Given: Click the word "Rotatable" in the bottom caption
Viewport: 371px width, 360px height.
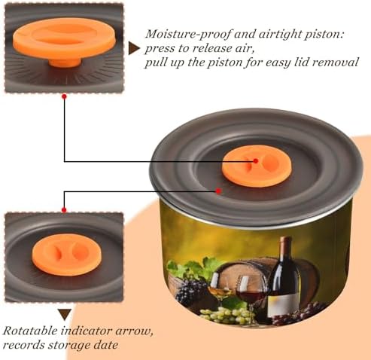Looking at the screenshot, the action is click(30, 331).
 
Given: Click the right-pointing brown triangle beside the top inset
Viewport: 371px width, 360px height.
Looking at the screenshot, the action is click(134, 48).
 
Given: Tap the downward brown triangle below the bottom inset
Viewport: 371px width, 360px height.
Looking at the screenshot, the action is click(65, 315).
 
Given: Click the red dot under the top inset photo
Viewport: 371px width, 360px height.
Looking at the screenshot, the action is click(64, 96).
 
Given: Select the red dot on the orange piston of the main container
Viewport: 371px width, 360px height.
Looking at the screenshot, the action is click(255, 161).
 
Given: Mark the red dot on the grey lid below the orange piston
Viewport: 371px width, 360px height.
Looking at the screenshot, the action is click(218, 191).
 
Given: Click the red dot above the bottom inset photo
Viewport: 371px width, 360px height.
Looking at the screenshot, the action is click(64, 209).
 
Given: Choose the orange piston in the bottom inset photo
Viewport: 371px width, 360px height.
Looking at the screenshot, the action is click(66, 255).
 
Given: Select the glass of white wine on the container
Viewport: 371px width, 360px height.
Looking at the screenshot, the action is click(220, 289).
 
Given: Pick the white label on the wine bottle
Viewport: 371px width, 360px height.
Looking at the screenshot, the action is click(284, 305).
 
